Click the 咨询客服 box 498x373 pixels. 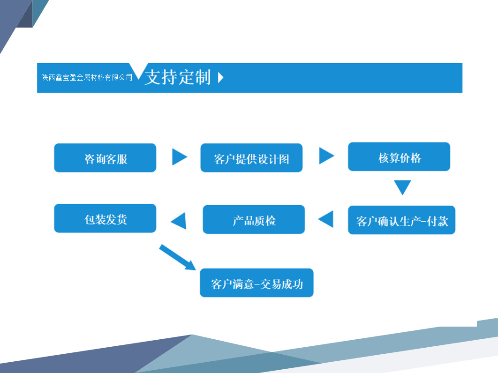(105, 158)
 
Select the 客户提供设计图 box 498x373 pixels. (251, 158)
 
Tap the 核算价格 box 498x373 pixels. (399, 157)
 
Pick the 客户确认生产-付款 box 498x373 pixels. (401, 220)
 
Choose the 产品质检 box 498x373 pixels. (254, 219)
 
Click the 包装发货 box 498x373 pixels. (105, 218)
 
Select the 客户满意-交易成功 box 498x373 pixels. (257, 283)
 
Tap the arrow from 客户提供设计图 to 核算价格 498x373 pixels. (326, 156)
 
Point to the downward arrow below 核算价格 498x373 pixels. (402, 186)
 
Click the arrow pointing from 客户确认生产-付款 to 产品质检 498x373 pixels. (326, 219)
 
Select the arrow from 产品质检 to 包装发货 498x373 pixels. (179, 221)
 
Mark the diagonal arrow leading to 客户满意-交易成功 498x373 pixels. (177, 257)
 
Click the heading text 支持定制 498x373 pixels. (178, 77)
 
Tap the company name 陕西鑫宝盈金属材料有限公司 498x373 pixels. (87, 77)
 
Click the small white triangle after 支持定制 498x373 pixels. (221, 78)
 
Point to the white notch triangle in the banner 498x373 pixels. (138, 69)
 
